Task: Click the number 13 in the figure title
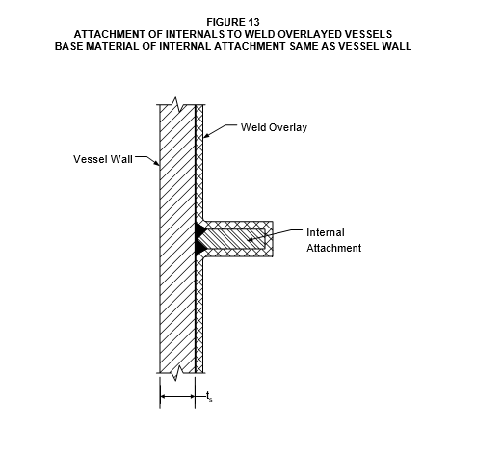(253, 22)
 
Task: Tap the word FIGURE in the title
(225, 22)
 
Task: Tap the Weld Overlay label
(274, 127)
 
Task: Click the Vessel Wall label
(103, 159)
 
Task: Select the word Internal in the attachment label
(326, 232)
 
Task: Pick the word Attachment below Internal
(334, 248)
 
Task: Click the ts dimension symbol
(209, 397)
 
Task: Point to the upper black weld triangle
(199, 229)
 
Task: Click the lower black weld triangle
(199, 247)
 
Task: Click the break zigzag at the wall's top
(175, 104)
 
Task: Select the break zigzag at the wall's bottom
(175, 373)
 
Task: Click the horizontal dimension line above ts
(177, 397)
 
